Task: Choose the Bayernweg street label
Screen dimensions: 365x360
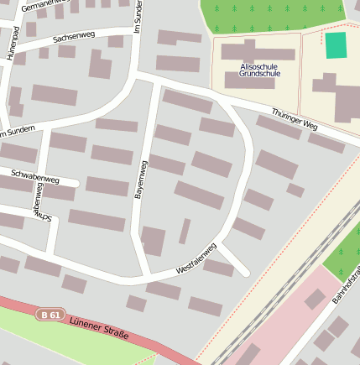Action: pyautogui.click(x=141, y=180)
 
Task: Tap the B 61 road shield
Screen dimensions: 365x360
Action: pyautogui.click(x=50, y=315)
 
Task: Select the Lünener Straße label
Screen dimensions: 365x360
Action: pyautogui.click(x=99, y=328)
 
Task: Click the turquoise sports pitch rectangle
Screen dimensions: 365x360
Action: pyautogui.click(x=336, y=45)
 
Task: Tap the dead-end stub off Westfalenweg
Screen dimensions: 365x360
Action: pyautogui.click(x=237, y=264)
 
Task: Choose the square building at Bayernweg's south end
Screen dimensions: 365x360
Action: pyautogui.click(x=154, y=241)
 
